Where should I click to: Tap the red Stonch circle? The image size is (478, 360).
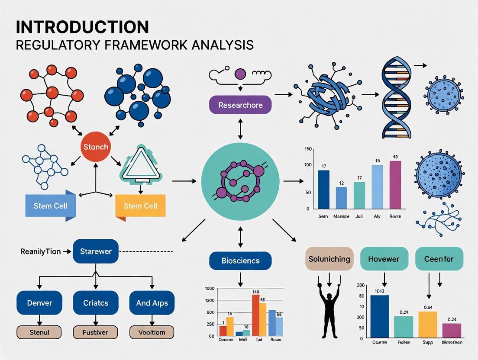point(96,147)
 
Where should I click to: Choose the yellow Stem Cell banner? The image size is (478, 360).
point(140,206)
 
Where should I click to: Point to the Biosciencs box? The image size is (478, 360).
point(240,260)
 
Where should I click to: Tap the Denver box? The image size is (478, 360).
point(39,303)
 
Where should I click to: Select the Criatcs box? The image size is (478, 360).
point(96,303)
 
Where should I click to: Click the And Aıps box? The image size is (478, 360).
point(152,303)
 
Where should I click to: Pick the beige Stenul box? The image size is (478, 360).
point(39,332)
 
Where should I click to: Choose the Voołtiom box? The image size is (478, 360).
point(152,332)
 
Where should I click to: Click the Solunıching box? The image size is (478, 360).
point(329,259)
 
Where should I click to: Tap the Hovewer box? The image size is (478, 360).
point(384,259)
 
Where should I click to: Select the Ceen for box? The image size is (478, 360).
point(439,259)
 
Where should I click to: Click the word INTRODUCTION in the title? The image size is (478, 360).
point(82,27)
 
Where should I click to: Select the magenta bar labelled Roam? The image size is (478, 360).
point(395,185)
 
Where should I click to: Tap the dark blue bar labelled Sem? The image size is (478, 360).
point(323,190)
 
